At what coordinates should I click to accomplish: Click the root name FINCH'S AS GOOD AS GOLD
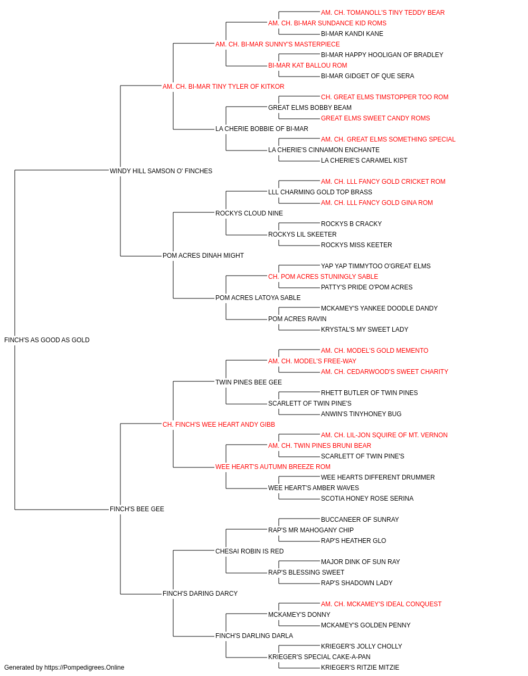click(x=46, y=340)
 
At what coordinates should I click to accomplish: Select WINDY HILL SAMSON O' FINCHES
click(x=161, y=171)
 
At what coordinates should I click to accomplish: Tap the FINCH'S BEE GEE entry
click(x=137, y=509)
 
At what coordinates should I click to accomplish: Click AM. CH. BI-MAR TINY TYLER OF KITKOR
click(x=223, y=87)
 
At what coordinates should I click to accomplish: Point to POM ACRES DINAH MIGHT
click(x=203, y=256)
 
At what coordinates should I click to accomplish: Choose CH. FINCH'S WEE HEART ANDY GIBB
click(x=219, y=425)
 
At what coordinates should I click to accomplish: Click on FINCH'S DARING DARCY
click(x=200, y=594)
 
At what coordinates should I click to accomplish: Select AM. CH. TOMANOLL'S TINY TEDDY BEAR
click(x=382, y=13)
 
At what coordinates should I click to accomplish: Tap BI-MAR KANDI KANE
click(x=352, y=34)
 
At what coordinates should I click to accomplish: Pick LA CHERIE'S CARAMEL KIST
click(x=364, y=161)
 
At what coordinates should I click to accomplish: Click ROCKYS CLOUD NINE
click(x=249, y=213)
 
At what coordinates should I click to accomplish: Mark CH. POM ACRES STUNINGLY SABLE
click(x=323, y=277)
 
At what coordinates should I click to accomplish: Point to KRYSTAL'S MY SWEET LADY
click(x=364, y=330)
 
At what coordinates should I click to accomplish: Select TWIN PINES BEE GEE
click(x=249, y=382)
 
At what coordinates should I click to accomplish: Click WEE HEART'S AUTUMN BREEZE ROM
click(x=272, y=467)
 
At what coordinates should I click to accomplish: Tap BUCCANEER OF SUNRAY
click(x=360, y=520)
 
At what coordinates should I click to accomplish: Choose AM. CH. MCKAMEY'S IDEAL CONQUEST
click(x=381, y=604)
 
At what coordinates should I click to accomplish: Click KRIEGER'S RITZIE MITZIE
click(x=360, y=668)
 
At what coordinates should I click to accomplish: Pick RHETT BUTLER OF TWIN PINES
click(x=369, y=393)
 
